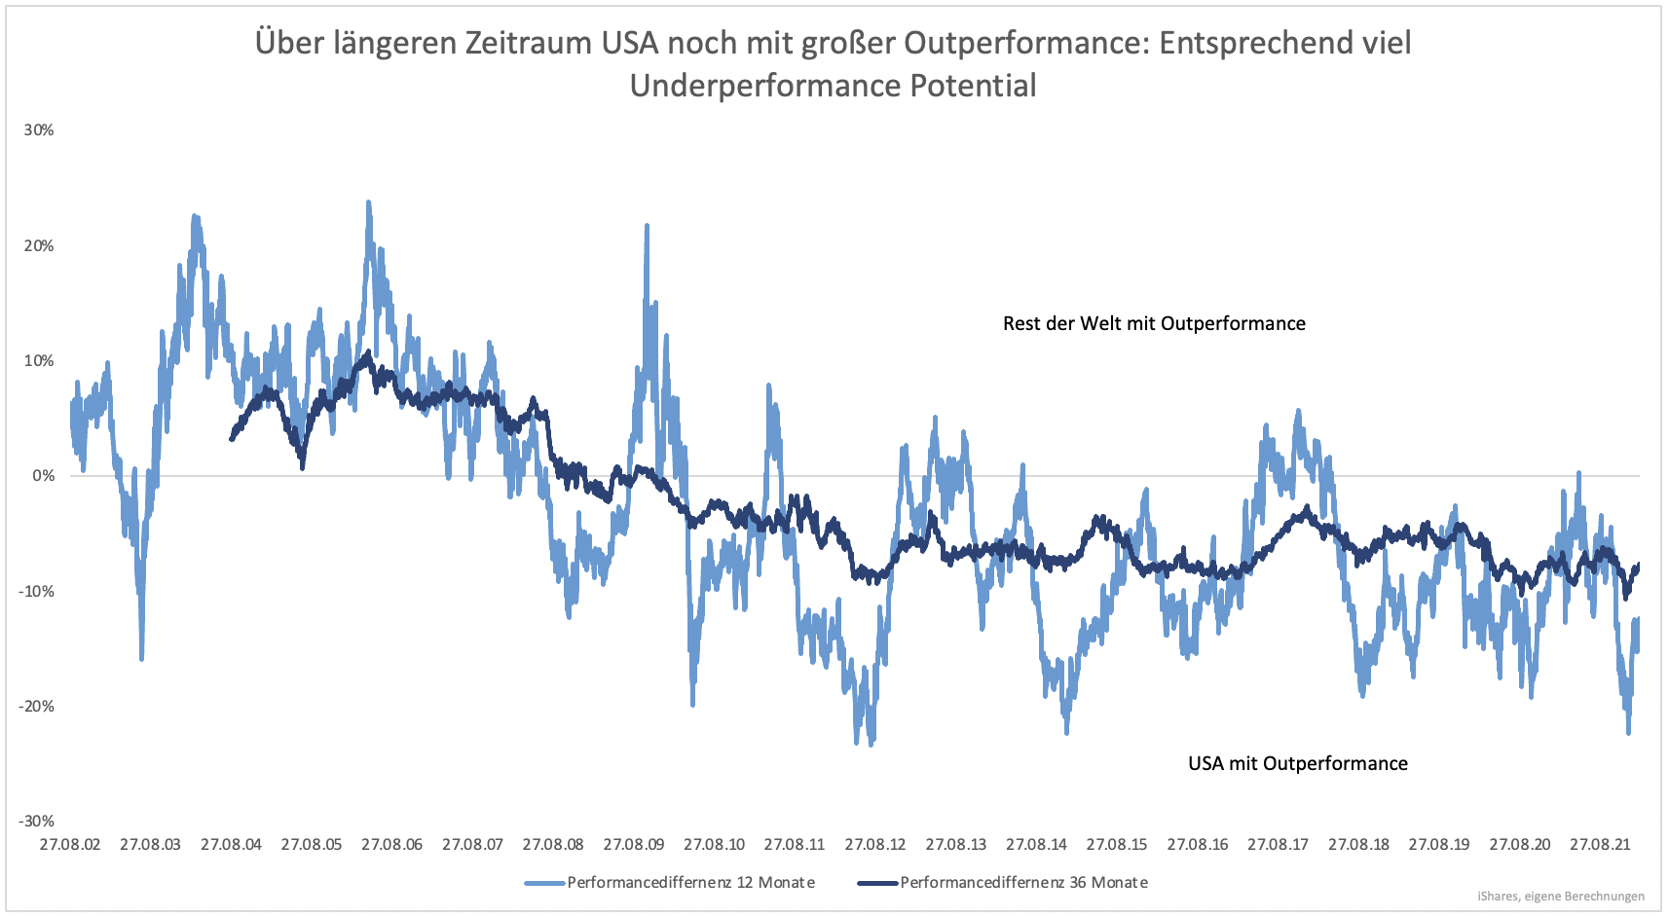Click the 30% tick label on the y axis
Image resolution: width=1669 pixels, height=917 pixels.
click(39, 130)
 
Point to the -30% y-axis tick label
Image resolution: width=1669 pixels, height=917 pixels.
click(36, 822)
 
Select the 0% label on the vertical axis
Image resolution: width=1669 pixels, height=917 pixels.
click(43, 476)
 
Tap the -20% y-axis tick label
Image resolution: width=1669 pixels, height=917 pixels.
click(36, 707)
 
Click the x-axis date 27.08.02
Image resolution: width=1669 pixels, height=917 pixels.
click(70, 845)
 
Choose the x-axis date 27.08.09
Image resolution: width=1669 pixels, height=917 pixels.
click(634, 845)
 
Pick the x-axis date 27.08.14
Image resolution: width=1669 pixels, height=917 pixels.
click(1036, 845)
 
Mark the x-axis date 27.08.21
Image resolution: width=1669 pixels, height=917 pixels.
click(1600, 845)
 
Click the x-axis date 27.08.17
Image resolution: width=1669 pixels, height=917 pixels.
click(1278, 845)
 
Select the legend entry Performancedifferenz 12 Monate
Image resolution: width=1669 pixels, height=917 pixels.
click(690, 883)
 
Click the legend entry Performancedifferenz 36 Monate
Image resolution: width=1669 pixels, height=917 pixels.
click(1023, 883)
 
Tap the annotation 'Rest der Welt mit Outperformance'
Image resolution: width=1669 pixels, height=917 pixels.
click(1154, 324)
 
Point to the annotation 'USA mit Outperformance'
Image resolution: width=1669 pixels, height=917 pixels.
click(1297, 764)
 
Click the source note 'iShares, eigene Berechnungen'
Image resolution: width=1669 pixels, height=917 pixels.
click(1560, 897)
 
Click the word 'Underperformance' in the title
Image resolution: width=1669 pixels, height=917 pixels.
click(765, 86)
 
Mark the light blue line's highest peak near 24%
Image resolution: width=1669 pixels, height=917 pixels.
click(368, 202)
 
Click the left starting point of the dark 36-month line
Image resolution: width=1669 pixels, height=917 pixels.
click(232, 439)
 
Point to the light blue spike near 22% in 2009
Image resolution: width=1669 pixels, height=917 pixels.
click(647, 225)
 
